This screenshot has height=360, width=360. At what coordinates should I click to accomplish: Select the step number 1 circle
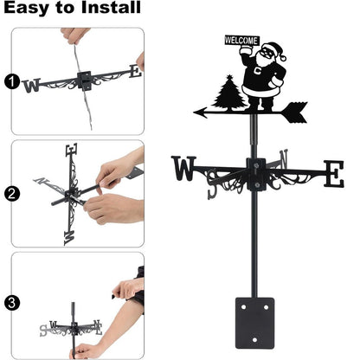click(11, 82)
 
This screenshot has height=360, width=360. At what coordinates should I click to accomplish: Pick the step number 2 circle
click(11, 194)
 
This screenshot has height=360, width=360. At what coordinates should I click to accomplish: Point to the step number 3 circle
click(11, 303)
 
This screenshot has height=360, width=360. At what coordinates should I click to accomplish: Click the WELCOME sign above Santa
click(242, 41)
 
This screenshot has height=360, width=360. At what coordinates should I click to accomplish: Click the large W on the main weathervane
click(184, 168)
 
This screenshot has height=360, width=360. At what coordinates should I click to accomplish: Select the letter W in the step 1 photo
click(32, 85)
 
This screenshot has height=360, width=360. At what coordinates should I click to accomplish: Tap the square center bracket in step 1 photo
click(86, 80)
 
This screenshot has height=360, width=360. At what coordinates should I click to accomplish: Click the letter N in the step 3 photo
click(97, 325)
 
